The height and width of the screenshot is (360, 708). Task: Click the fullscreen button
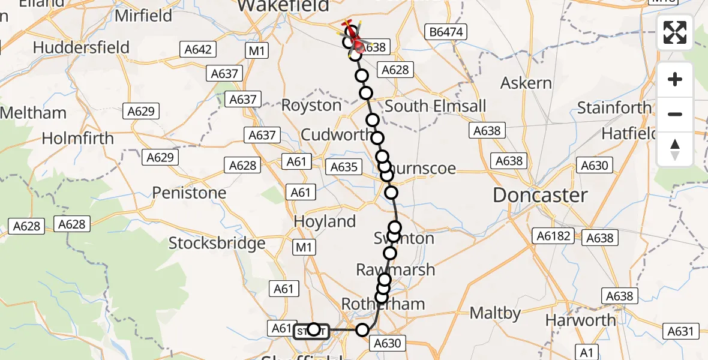coord(675,32)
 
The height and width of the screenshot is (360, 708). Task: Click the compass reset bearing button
coord(675,149)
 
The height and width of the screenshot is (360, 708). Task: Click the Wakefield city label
coord(284,6)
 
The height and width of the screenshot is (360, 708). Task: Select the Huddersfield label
coord(82,47)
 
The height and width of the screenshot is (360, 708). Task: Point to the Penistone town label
coord(189,193)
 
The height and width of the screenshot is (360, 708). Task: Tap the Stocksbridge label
coord(217,243)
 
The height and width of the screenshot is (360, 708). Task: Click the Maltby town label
coord(495,313)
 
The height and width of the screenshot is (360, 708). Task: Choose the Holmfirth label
coord(77,138)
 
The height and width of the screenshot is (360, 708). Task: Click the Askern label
coord(526,83)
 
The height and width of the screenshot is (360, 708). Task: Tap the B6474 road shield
coord(444,31)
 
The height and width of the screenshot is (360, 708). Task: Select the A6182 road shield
coord(552,236)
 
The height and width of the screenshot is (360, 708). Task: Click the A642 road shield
coord(198,49)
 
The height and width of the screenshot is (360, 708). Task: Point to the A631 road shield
coord(681,331)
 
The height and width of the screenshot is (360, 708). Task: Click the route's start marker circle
coord(313,329)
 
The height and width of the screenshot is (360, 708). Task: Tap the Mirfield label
coord(143,16)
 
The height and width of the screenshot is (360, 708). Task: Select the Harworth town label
coord(580,320)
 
